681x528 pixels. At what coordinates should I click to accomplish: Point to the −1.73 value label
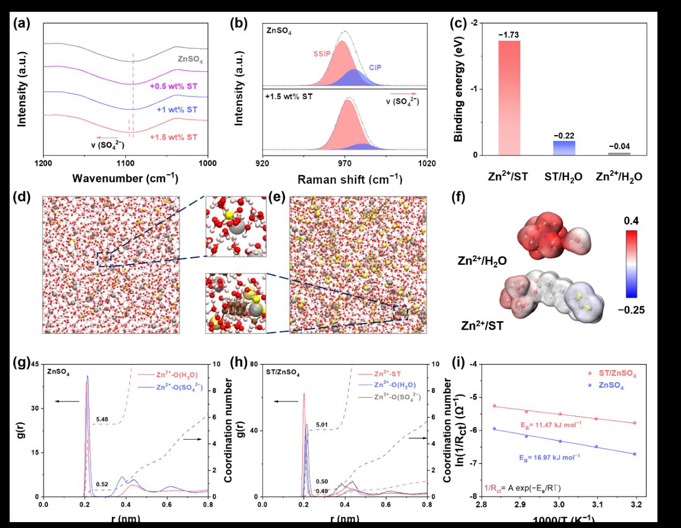509,35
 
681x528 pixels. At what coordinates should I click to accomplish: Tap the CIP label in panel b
375,68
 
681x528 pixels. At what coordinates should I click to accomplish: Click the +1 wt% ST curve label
177,109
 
